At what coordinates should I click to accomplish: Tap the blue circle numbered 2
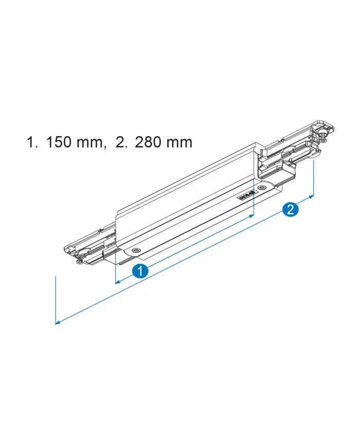(290, 209)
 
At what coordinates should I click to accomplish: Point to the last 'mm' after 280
(179, 142)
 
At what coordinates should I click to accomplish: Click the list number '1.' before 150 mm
(33, 142)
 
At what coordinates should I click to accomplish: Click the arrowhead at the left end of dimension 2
(58, 323)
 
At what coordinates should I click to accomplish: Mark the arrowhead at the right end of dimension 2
(311, 197)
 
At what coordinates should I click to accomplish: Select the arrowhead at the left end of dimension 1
(118, 281)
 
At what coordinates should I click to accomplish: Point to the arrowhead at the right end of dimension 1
(251, 217)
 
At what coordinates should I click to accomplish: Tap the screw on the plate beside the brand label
(263, 188)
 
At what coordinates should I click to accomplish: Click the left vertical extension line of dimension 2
(55, 298)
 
